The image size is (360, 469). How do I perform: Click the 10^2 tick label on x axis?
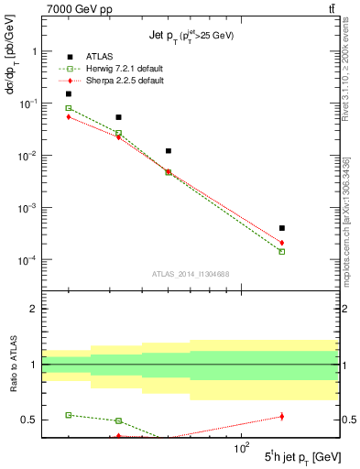tap(242, 449)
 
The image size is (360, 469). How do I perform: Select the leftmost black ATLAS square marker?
tap(68, 93)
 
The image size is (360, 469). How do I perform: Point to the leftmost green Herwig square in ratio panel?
tap(68, 415)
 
